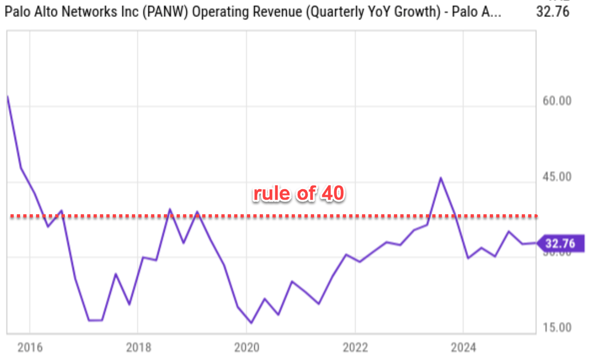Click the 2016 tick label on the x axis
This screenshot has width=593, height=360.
[x=30, y=348]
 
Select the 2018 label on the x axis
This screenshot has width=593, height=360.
[x=138, y=348]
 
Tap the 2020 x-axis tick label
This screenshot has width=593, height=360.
[x=247, y=348]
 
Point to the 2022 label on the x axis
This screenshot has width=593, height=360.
[x=355, y=348]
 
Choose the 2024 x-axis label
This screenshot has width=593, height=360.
[x=463, y=348]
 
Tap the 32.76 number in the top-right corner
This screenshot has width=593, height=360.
[x=552, y=11]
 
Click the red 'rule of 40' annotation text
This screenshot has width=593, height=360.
[x=299, y=194]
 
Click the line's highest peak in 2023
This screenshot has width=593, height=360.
[x=441, y=178]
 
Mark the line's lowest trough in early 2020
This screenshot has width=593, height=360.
[x=251, y=323]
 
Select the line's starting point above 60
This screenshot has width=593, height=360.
[x=8, y=96]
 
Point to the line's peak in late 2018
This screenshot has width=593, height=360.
[x=170, y=210]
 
